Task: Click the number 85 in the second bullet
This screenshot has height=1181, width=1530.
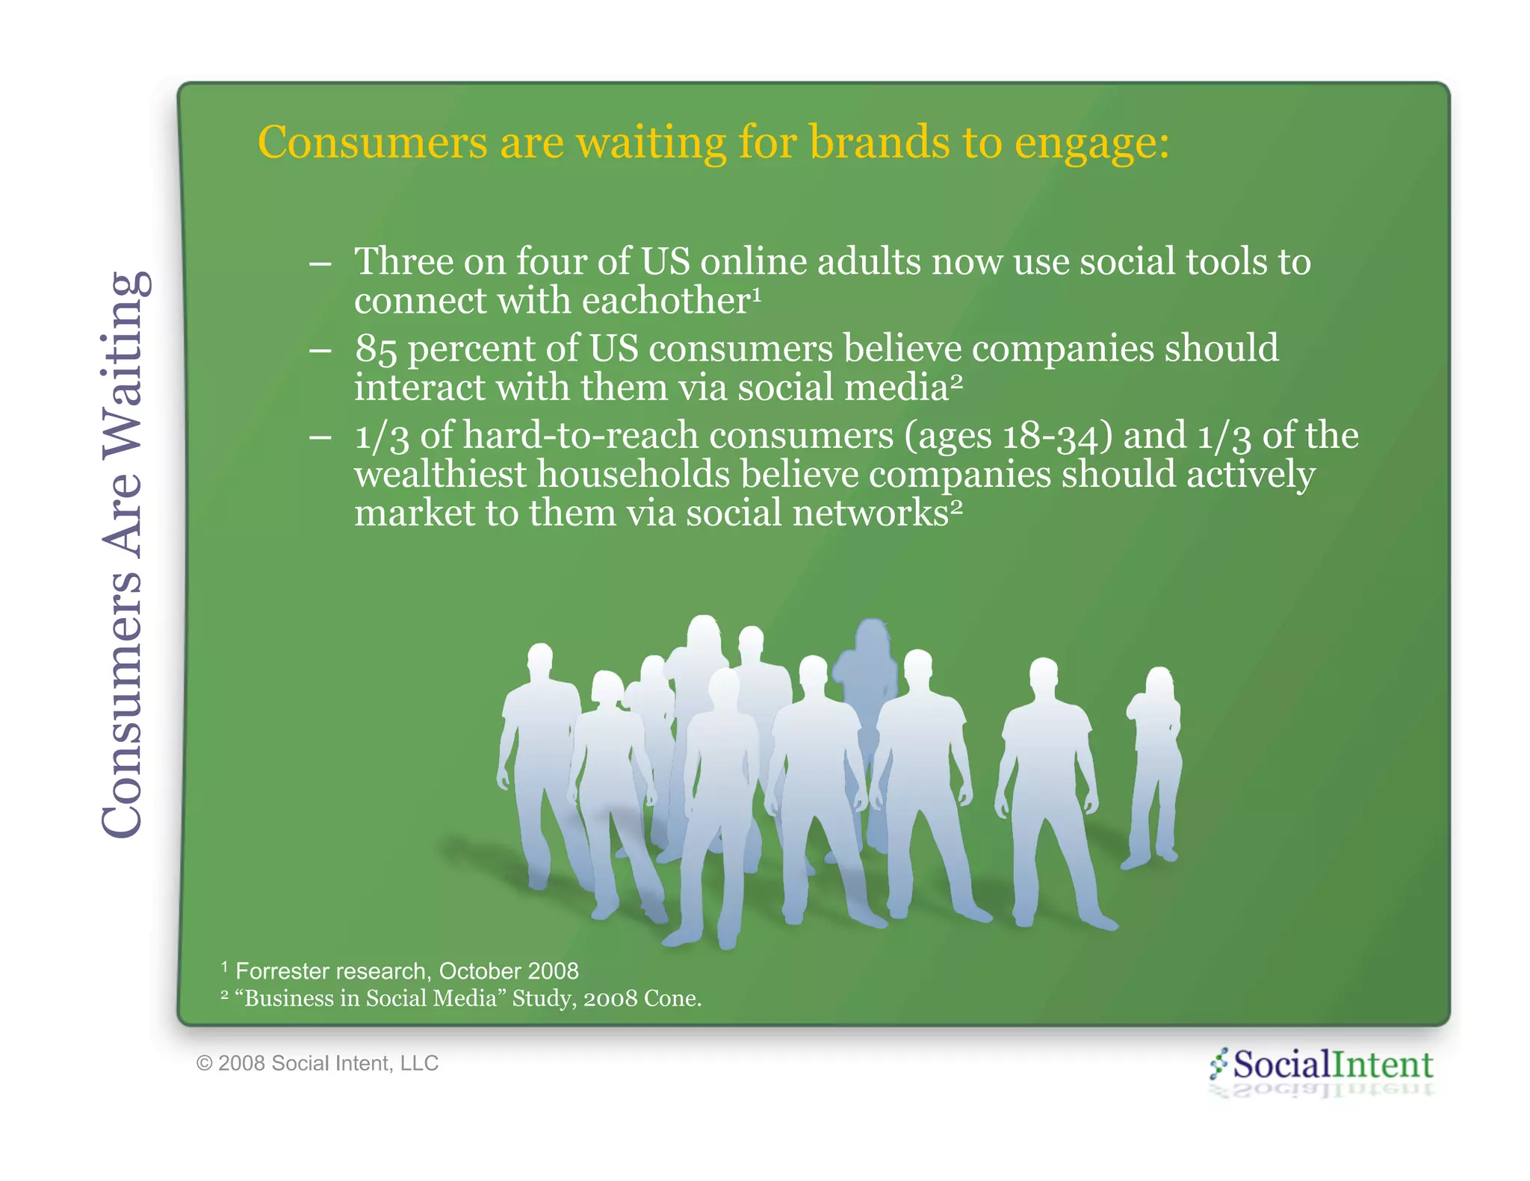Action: click(x=375, y=349)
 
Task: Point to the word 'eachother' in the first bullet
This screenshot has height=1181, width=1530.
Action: click(x=665, y=301)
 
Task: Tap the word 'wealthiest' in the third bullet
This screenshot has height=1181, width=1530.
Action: click(x=440, y=475)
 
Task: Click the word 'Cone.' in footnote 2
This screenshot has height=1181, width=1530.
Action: click(x=672, y=999)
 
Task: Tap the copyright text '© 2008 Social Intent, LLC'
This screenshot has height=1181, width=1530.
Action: click(x=318, y=1063)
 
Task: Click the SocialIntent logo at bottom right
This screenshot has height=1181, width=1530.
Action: click(x=1322, y=1065)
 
